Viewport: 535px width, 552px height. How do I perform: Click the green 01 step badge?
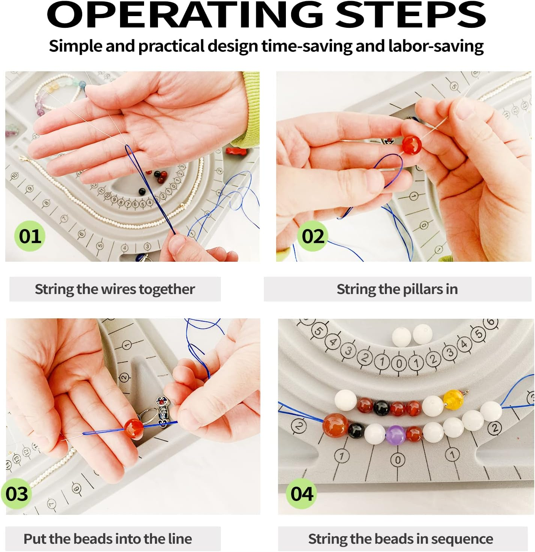[x=30, y=236]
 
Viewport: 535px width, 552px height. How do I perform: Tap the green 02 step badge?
[x=313, y=236]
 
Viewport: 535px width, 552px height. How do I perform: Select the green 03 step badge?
[x=17, y=493]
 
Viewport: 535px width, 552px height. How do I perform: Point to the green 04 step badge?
[x=301, y=493]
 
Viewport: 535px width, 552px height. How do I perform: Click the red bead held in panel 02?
[x=412, y=145]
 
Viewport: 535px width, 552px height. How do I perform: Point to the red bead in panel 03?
[x=134, y=428]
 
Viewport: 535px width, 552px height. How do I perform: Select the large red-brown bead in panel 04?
[x=335, y=425]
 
